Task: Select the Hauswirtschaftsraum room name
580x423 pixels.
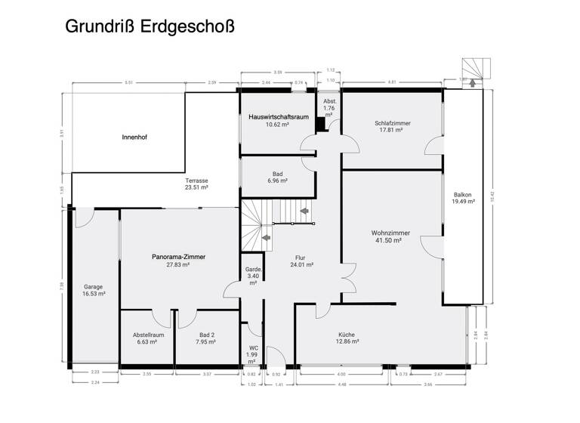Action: tap(277, 116)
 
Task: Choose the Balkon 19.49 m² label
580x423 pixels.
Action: tap(463, 197)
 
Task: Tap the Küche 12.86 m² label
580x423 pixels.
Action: tap(347, 338)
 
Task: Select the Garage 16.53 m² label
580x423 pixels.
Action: tap(94, 291)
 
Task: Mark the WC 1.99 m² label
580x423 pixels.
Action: tap(254, 351)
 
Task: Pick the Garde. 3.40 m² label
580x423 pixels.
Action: tap(254, 276)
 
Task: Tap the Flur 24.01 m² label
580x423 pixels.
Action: tap(301, 261)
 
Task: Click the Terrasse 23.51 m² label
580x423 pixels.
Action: tap(196, 184)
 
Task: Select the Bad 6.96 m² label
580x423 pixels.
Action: tap(278, 178)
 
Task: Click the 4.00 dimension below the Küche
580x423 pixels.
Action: tap(341, 375)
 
